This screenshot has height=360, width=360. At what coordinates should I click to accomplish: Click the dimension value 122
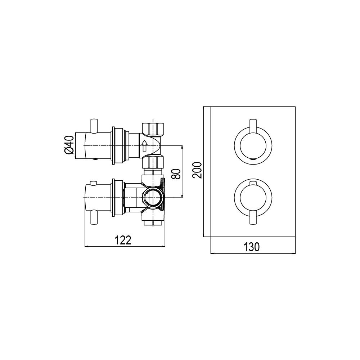point(123,240)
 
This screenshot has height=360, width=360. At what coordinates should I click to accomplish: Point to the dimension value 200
point(197,170)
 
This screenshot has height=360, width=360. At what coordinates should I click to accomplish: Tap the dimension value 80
point(176,174)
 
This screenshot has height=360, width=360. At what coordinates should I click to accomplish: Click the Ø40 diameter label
point(69,144)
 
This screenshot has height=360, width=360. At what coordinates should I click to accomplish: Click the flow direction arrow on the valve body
point(144,146)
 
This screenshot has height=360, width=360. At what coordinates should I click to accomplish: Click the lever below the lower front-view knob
point(253,219)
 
